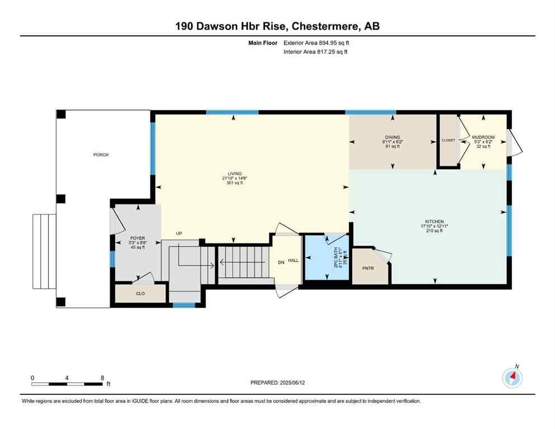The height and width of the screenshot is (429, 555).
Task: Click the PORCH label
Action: click(x=101, y=155)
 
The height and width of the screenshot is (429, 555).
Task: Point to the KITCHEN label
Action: click(x=434, y=222)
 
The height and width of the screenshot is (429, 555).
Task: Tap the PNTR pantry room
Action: click(x=367, y=268)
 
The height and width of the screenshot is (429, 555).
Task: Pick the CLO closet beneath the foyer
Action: click(x=140, y=293)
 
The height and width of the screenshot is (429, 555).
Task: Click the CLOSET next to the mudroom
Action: click(x=448, y=140)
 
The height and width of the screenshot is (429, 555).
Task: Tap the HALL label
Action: click(x=293, y=261)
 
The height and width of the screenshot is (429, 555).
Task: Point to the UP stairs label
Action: click(x=179, y=233)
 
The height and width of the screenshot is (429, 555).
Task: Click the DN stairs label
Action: click(x=282, y=261)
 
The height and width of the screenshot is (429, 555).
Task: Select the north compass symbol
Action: click(x=513, y=378)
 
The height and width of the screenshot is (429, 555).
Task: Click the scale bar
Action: click(x=67, y=384)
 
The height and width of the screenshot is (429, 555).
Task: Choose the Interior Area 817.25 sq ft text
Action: click(x=316, y=52)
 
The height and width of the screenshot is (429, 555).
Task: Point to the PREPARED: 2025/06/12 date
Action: click(x=278, y=383)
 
